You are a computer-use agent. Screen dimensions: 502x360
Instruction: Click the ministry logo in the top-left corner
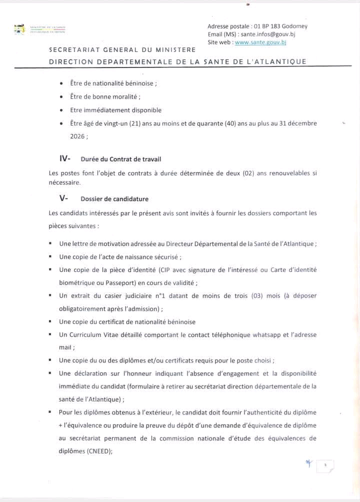pyautogui.click(x=19, y=29)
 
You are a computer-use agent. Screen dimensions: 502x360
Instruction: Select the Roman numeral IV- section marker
pyautogui.click(x=64, y=159)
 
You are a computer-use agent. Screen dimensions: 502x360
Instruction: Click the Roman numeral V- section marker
pyautogui.click(x=63, y=198)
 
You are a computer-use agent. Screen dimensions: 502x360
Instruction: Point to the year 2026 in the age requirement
pyautogui.click(x=77, y=135)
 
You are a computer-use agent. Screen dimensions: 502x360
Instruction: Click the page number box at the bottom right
pyautogui.click(x=325, y=466)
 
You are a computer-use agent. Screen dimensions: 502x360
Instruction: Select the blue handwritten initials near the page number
pyautogui.click(x=308, y=464)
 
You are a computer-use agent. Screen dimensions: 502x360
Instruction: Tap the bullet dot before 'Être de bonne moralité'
pyautogui.click(x=61, y=97)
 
